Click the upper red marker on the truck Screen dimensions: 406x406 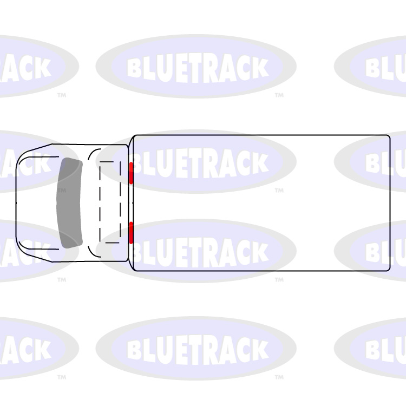pyautogui.click(x=131, y=173)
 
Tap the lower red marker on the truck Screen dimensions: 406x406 pyautogui.click(x=131, y=232)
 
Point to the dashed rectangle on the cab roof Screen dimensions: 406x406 pyautogui.click(x=110, y=202)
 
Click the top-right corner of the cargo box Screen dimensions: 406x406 pyautogui.click(x=389, y=136)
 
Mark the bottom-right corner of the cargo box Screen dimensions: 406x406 pyautogui.click(x=389, y=269)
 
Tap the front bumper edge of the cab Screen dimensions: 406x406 pyautogui.click(x=17, y=202)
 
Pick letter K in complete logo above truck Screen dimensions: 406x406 pyautogui.click(x=259, y=68)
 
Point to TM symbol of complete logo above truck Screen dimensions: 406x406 pyautogui.click(x=279, y=95)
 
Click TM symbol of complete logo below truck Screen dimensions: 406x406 pyautogui.click(x=279, y=377)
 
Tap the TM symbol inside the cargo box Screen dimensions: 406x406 pyautogui.click(x=279, y=191)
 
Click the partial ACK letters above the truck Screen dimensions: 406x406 pyautogui.click(x=27, y=68)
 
